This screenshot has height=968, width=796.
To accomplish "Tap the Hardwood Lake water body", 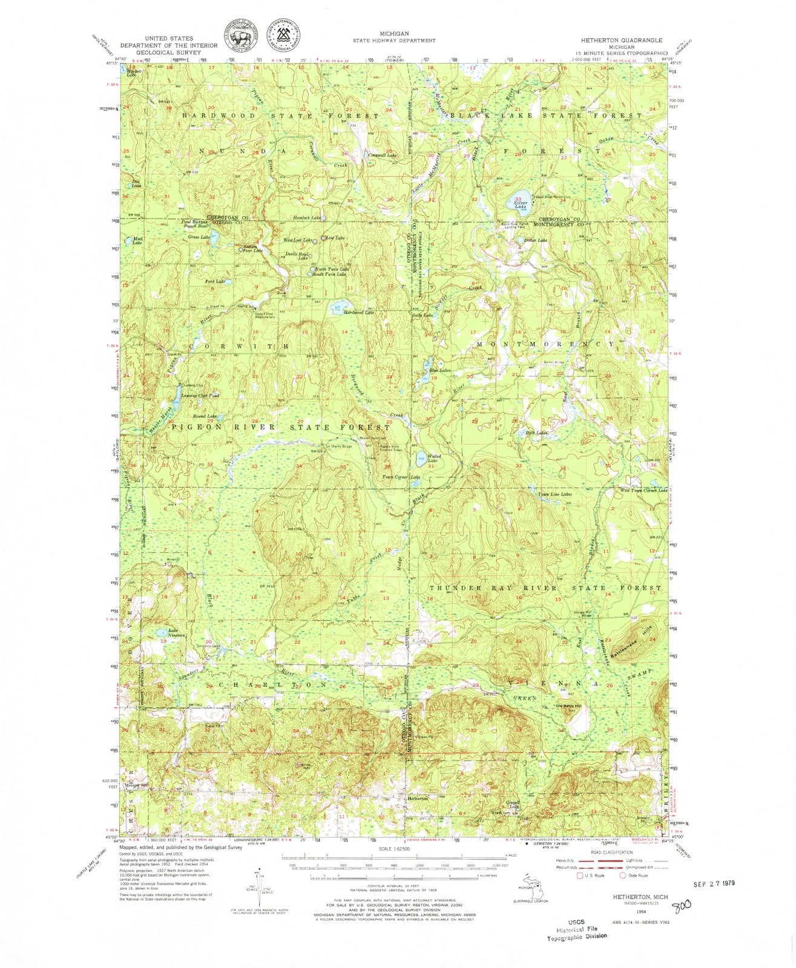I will [337, 308].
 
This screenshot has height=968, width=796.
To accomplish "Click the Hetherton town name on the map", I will [418, 799].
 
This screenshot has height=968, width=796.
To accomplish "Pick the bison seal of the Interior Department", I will [241, 35].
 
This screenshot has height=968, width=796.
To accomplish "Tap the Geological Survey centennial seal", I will [286, 35].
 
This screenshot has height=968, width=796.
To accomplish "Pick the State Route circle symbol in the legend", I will [622, 875].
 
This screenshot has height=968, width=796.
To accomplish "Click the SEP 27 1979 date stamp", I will [715, 883].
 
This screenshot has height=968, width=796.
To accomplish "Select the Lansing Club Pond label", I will [196, 396].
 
